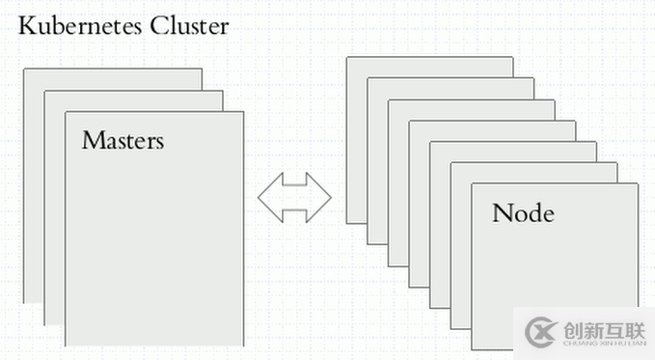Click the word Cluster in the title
tap(189, 26)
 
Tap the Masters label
tap(123, 140)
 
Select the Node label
tap(523, 213)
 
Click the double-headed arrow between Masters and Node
tap(294, 198)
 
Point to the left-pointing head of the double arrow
tap(267, 198)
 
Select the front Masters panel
tap(154, 251)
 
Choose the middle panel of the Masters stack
tap(54, 212)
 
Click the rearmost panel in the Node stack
tap(356, 145)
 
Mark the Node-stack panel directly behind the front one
tap(460, 251)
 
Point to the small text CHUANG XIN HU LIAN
tap(597, 344)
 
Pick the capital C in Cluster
tap(157, 26)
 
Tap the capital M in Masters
tap(92, 140)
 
